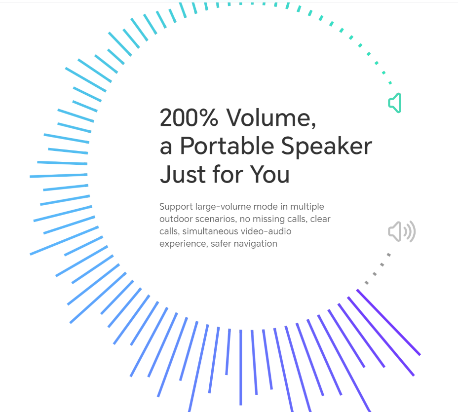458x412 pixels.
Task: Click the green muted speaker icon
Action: (395, 103)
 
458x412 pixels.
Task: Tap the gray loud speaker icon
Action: (402, 231)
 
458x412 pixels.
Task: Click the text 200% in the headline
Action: (189, 117)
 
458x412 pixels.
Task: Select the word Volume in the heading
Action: (271, 117)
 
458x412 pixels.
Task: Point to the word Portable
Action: (227, 146)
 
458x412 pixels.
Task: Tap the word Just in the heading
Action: (183, 174)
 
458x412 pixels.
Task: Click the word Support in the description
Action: (176, 207)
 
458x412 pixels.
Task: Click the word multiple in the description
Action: (307, 207)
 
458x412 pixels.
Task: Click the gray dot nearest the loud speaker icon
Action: (389, 255)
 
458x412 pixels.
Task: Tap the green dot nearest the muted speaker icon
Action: (390, 83)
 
